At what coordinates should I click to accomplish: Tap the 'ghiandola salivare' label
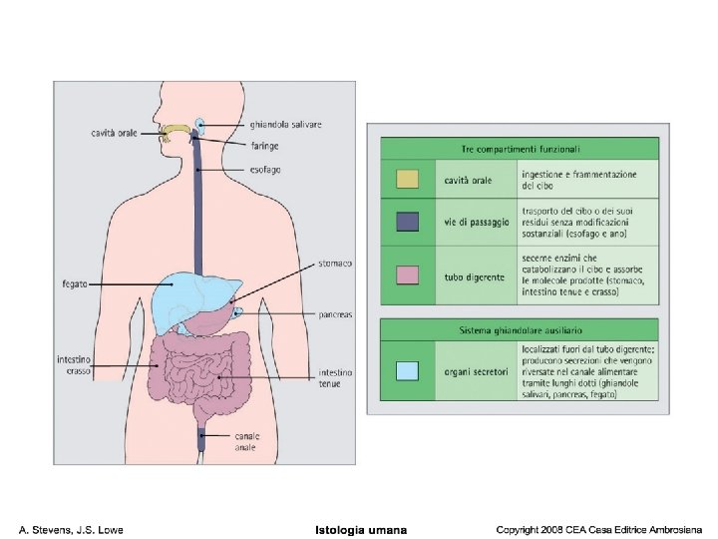286,125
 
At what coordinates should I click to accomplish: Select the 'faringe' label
264,146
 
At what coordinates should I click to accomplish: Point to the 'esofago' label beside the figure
266,170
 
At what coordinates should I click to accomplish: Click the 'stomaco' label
334,264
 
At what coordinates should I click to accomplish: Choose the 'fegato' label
75,284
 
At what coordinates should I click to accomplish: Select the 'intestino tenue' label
334,378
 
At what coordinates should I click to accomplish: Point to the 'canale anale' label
246,442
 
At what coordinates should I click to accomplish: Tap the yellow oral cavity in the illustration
178,131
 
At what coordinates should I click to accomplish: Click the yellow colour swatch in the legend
407,180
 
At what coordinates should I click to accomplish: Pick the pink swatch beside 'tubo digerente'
407,273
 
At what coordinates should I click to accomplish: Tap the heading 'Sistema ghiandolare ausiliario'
520,329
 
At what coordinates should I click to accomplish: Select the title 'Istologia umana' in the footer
360,528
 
